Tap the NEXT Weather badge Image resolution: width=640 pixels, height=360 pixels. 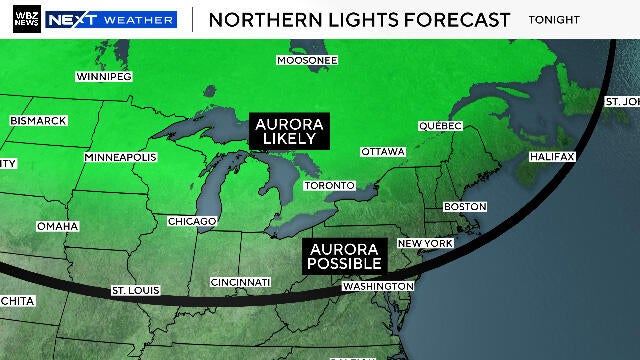(111, 19)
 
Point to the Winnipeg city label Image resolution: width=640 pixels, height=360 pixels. (106, 76)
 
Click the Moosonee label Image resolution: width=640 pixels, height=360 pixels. (307, 60)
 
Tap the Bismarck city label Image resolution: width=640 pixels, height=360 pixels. (38, 120)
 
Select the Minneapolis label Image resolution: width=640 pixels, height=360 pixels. (120, 158)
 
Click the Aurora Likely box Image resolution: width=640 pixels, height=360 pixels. (288, 130)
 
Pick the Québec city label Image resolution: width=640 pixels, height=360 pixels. (440, 126)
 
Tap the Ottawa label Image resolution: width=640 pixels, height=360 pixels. (382, 151)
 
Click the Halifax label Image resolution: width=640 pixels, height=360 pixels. (552, 157)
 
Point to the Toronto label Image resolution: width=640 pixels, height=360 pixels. (329, 186)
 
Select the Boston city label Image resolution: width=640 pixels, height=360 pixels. (464, 206)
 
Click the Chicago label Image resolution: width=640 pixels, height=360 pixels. (192, 221)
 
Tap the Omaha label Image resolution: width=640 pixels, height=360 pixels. (57, 226)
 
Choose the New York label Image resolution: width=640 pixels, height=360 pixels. (425, 244)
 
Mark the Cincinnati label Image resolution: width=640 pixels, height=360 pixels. (241, 282)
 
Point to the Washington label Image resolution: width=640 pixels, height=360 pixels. (377, 286)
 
